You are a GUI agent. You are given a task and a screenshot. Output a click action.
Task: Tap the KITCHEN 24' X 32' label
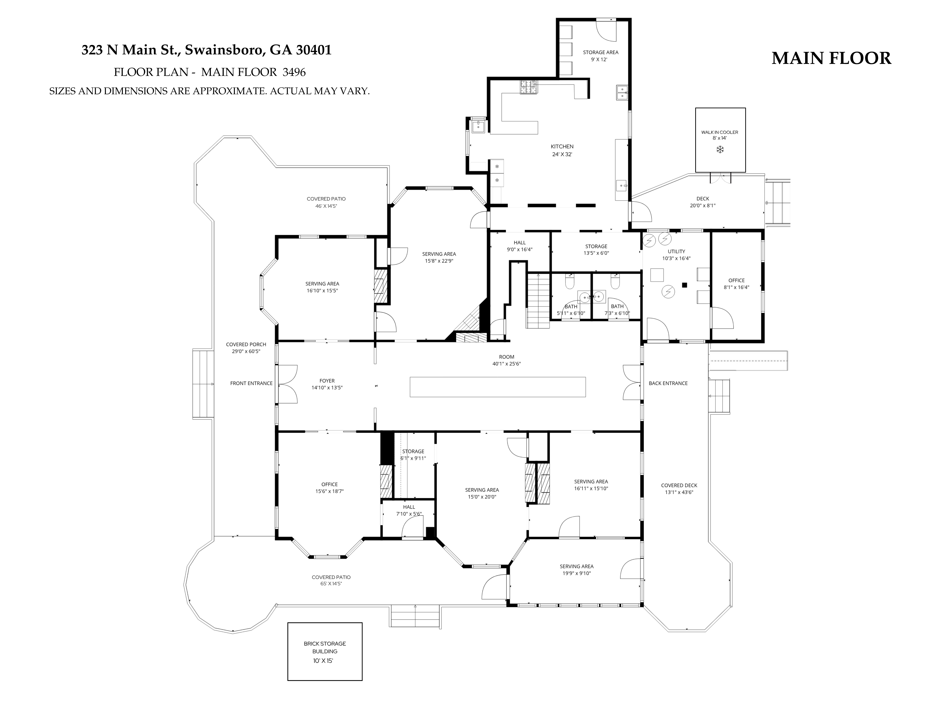562,150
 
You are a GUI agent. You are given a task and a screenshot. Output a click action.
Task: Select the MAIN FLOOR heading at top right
831,58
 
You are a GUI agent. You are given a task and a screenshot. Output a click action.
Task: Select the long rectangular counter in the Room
498,387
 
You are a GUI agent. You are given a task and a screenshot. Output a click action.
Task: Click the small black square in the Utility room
684,285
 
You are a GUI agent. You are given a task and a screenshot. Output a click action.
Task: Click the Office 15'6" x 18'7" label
330,488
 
